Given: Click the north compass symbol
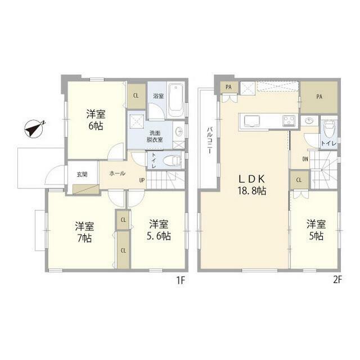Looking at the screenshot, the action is click(x=34, y=129).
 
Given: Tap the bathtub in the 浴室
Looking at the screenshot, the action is click(x=176, y=100).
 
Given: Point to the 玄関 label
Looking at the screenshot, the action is click(x=82, y=174).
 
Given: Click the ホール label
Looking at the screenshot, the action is click(x=118, y=173).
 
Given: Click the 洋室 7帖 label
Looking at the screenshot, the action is click(x=84, y=232).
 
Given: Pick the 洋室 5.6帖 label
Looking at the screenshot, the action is click(x=159, y=230).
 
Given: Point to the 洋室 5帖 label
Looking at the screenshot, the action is click(x=316, y=230).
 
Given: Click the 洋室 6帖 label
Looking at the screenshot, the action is click(x=96, y=120).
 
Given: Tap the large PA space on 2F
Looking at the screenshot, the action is click(x=319, y=97).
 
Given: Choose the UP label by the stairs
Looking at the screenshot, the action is click(x=142, y=180).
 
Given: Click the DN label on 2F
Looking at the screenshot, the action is click(x=305, y=159).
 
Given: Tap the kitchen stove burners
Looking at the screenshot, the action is click(x=289, y=120).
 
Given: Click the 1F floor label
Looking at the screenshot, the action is click(x=181, y=280).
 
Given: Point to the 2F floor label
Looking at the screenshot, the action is click(x=337, y=280).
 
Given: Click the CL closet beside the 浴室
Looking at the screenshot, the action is click(x=136, y=96).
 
